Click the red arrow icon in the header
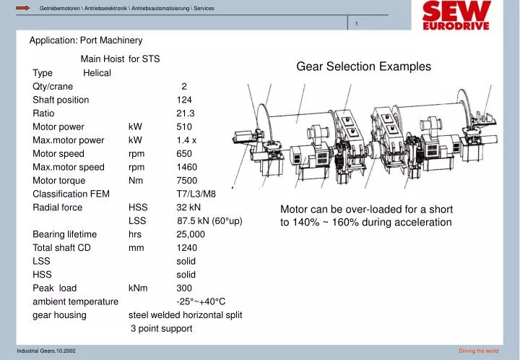pyautogui.click(x=22, y=8)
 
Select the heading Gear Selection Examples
pyautogui.click(x=363, y=67)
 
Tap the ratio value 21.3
pyautogui.click(x=186, y=113)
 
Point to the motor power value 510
pyautogui.click(x=184, y=127)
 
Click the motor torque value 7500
pyautogui.click(x=186, y=181)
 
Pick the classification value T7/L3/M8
pyautogui.click(x=196, y=194)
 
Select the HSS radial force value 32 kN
pyautogui.click(x=188, y=207)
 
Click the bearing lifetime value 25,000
pyautogui.click(x=191, y=234)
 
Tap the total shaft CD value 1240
pyautogui.click(x=186, y=248)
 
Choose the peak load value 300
pyautogui.click(x=184, y=288)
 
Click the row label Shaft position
pyautogui.click(x=61, y=100)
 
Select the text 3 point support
pyautogui.click(x=161, y=329)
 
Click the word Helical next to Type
pyautogui.click(x=97, y=73)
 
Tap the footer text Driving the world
pyautogui.click(x=478, y=351)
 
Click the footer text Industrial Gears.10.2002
pyautogui.click(x=46, y=351)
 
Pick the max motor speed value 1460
pyautogui.click(x=186, y=167)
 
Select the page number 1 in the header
pyautogui.click(x=357, y=25)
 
